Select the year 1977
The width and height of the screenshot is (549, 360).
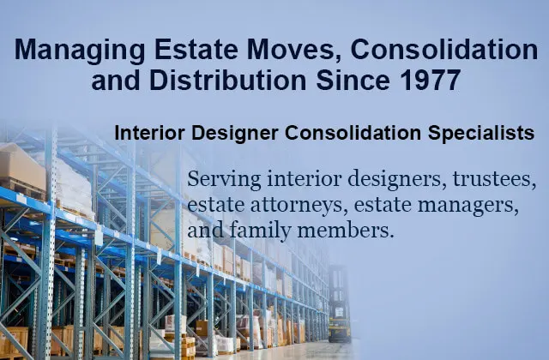pyautogui.click(x=429, y=80)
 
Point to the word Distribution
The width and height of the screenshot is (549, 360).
pyautogui.click(x=227, y=80)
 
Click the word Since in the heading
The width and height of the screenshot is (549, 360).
pyautogui.click(x=353, y=80)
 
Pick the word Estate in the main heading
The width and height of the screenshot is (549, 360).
pyautogui.click(x=196, y=50)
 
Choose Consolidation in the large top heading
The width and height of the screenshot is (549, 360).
pyautogui.click(x=444, y=50)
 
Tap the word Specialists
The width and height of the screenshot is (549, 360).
pyautogui.click(x=480, y=134)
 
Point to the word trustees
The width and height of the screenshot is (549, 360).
pyautogui.click(x=494, y=179)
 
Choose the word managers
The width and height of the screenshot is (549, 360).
pyautogui.click(x=468, y=206)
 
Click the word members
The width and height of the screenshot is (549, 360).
pyautogui.click(x=346, y=231)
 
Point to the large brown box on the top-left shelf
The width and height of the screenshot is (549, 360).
pyautogui.click(x=21, y=167)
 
